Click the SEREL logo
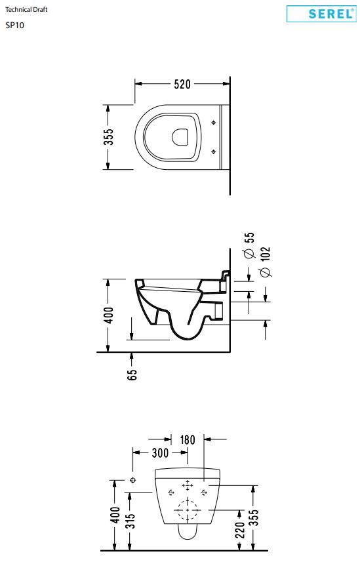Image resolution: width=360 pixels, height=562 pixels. pyautogui.click(x=321, y=14)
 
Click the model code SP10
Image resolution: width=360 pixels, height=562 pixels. pyautogui.click(x=14, y=26)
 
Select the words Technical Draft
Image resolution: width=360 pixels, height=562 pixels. pyautogui.click(x=26, y=10)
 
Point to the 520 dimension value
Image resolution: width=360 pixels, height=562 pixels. pyautogui.click(x=182, y=84)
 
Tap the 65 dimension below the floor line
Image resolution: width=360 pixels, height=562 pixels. pyautogui.click(x=132, y=375)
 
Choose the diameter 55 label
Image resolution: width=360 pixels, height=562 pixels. pyautogui.click(x=249, y=245)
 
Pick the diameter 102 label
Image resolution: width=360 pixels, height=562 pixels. pyautogui.click(x=266, y=262)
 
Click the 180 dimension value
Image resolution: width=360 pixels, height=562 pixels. pyautogui.click(x=187, y=440)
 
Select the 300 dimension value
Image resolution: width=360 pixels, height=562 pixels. pyautogui.click(x=160, y=453)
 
